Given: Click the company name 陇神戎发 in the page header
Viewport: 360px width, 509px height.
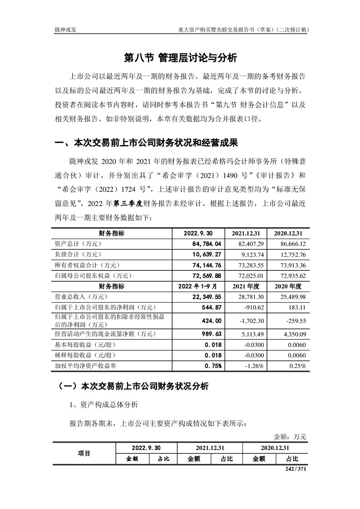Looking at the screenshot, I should [67, 30].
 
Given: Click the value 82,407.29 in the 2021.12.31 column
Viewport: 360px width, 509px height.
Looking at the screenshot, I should [245, 244].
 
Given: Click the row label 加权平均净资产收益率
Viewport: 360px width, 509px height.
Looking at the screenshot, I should [80, 366].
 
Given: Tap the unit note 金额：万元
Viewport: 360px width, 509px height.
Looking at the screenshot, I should [290, 437].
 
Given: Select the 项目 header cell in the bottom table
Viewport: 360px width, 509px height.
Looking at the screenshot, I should [84, 453].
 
